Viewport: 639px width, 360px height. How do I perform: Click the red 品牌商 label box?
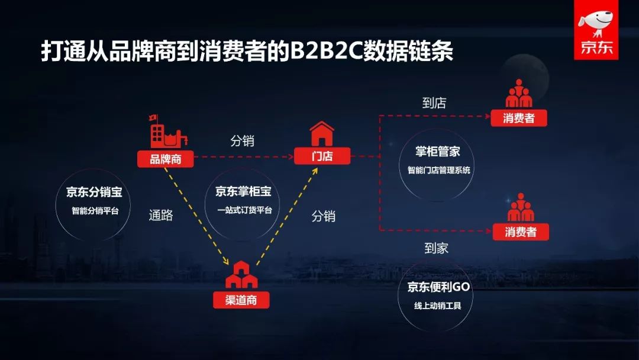pyautogui.click(x=165, y=159)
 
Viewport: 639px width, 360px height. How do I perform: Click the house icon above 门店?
pyautogui.click(x=322, y=134)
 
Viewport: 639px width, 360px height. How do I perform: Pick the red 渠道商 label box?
pyautogui.click(x=241, y=300)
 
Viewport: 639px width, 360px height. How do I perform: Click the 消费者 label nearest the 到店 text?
pyautogui.click(x=519, y=118)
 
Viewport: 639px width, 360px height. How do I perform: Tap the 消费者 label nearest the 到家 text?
pyautogui.click(x=521, y=232)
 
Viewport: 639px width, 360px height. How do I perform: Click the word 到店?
pyautogui.click(x=434, y=103)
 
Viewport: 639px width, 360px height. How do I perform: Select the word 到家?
pyautogui.click(x=437, y=249)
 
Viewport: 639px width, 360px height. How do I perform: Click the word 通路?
pyautogui.click(x=161, y=216)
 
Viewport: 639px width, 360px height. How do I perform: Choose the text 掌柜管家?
pyautogui.click(x=438, y=152)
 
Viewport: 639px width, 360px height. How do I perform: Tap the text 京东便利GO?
pyautogui.click(x=438, y=287)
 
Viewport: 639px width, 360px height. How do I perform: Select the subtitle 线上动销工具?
pyautogui.click(x=438, y=306)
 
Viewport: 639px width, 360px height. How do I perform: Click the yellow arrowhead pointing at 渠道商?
pyautogui.click(x=226, y=262)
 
